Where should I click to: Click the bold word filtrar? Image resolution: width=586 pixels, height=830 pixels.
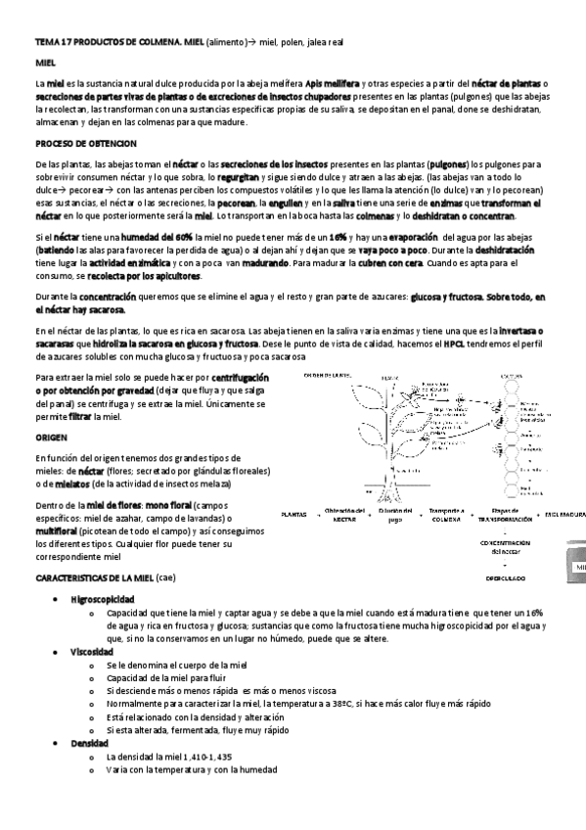pos(80,417)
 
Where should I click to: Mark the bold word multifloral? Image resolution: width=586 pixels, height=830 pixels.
pos(64,530)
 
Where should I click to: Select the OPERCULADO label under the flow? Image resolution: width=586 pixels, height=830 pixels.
pos(506,578)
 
